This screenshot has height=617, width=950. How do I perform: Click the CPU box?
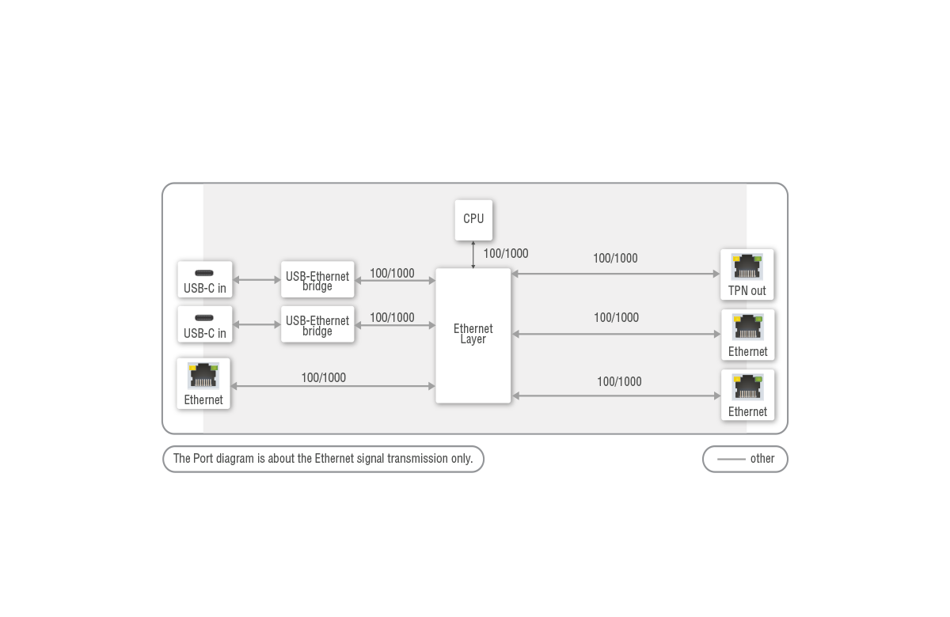click(x=473, y=219)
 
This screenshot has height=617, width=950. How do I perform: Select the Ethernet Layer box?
click(x=473, y=335)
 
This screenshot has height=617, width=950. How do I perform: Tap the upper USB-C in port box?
click(x=205, y=280)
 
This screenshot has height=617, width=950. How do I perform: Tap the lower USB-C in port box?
click(x=205, y=324)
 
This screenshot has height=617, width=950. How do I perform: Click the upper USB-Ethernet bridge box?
click(x=317, y=280)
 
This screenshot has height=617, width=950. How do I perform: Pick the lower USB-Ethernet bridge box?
click(x=317, y=324)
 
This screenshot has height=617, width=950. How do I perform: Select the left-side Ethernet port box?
click(x=203, y=384)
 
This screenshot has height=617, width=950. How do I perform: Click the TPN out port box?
click(x=747, y=274)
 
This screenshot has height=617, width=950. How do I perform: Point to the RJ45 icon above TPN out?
click(x=747, y=267)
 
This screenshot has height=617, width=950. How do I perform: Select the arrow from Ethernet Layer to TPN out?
click(x=616, y=274)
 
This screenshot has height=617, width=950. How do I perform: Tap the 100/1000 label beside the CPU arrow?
click(x=506, y=254)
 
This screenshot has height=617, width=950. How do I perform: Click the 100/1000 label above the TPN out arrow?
click(x=615, y=259)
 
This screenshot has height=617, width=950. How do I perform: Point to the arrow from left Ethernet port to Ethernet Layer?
click(x=332, y=386)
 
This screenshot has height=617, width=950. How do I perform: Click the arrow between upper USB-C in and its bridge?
click(x=257, y=280)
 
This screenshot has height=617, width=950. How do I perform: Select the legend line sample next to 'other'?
click(x=731, y=459)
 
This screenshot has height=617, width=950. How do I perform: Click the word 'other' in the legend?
click(x=762, y=459)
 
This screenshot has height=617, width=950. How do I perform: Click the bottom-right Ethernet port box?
click(x=747, y=395)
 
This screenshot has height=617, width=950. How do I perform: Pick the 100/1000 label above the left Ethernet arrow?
click(x=323, y=378)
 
